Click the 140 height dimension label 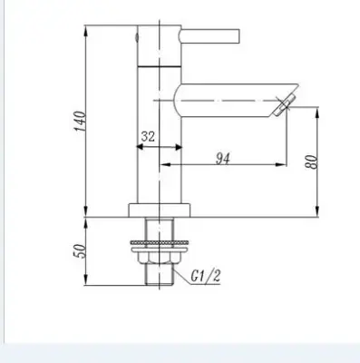click(x=81, y=121)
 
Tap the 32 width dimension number click(x=148, y=136)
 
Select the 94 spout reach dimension click(x=223, y=159)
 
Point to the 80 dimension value click(x=311, y=162)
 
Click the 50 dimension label click(x=81, y=250)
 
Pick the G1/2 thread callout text click(x=206, y=276)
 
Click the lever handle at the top click(x=209, y=36)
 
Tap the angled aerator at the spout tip click(x=284, y=104)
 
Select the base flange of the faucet click(x=160, y=211)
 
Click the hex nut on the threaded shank click(x=160, y=258)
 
